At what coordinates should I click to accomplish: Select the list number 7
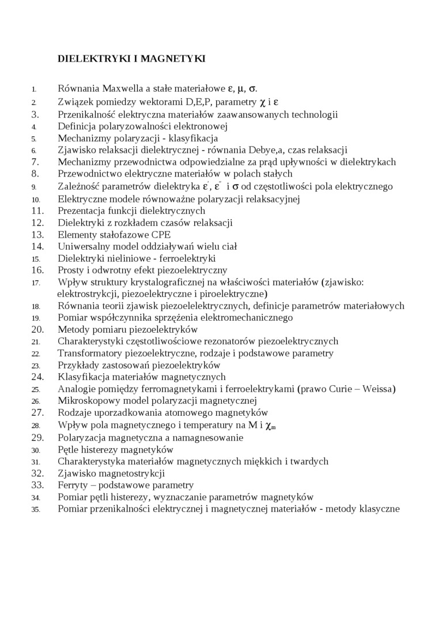35,162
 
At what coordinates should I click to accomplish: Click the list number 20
37,329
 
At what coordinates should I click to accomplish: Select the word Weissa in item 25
377,389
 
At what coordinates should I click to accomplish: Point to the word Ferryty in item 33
73,485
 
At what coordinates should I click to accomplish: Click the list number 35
36,509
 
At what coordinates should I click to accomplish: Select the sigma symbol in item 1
252,89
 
